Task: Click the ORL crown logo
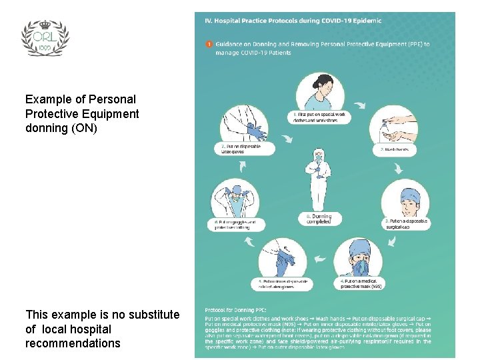45,37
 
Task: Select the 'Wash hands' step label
395,150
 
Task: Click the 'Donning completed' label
319,219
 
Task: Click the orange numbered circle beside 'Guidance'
209,45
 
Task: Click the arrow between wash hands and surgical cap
398,167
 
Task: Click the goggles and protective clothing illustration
234,199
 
